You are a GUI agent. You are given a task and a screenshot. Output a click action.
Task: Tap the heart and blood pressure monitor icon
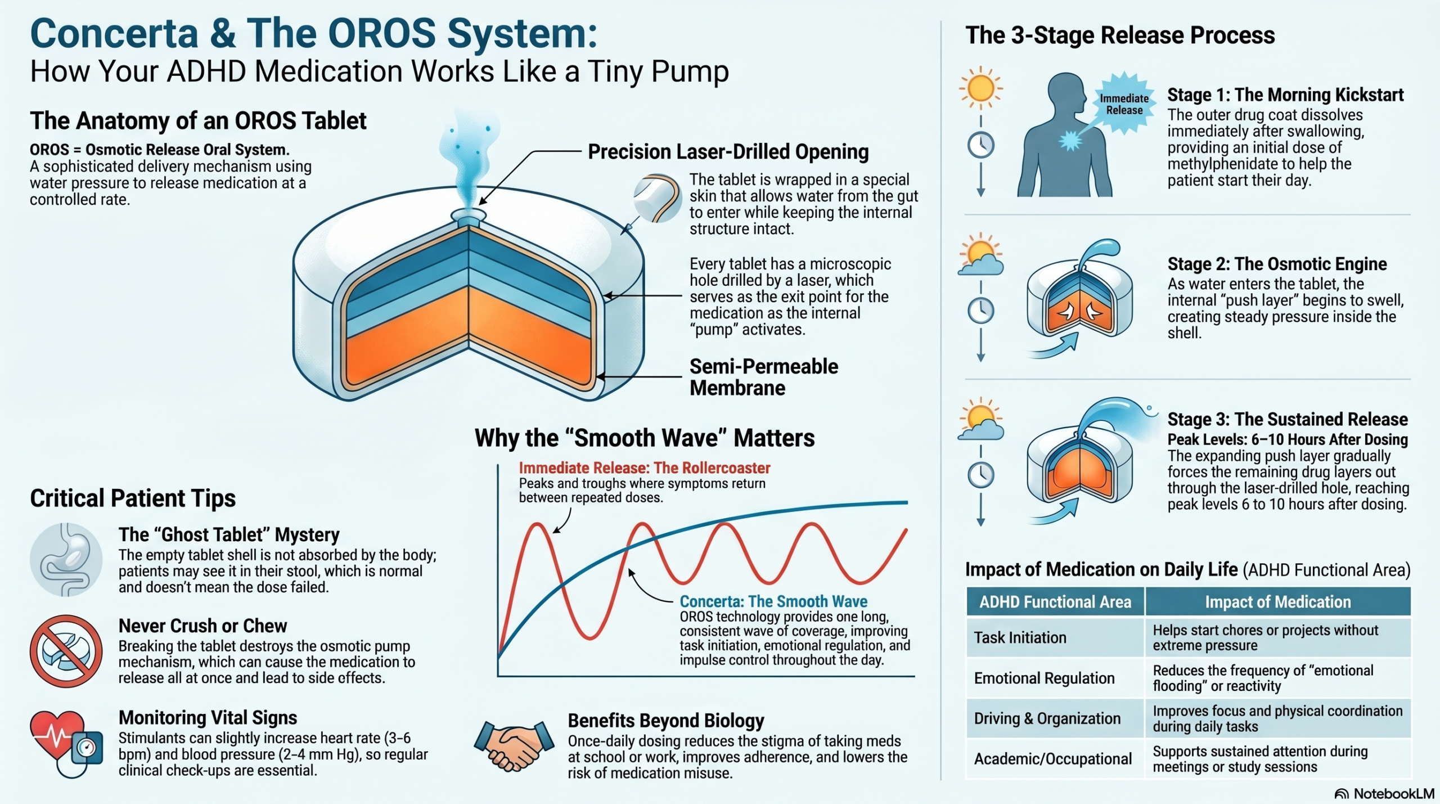coord(66,743)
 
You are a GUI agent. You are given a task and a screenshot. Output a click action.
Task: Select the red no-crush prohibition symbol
coord(66,651)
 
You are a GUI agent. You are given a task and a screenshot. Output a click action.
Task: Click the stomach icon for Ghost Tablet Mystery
coord(66,559)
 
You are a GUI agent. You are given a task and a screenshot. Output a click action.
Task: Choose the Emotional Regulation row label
coord(1044,678)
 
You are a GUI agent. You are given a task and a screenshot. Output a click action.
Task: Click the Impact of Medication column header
coord(1277,601)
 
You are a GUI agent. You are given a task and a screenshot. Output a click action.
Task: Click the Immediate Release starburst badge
coord(1124,104)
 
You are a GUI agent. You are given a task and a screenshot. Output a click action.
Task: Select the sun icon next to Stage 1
coord(981,88)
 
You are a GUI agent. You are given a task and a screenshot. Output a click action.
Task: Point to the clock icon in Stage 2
coord(981,311)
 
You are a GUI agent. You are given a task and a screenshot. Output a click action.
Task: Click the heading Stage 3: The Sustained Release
coord(1288,419)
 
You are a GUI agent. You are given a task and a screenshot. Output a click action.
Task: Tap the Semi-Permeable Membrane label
coord(764,377)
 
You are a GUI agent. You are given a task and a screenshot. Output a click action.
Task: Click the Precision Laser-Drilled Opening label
coord(728,151)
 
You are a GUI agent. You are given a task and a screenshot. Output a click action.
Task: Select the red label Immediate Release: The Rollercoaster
coord(645,468)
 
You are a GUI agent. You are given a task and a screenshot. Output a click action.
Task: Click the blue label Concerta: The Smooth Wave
coord(773,601)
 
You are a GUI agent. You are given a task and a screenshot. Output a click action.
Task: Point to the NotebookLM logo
coord(1384,793)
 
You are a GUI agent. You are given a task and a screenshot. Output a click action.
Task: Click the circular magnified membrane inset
coord(657,197)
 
